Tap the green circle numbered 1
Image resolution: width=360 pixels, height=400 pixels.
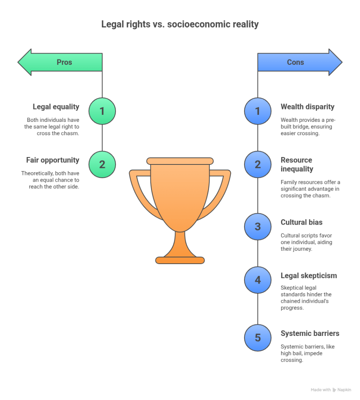click(x=102, y=111)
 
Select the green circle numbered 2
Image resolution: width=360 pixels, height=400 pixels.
click(x=102, y=164)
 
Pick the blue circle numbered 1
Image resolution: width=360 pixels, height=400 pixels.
click(x=258, y=111)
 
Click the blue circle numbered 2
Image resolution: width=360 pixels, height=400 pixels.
click(x=258, y=164)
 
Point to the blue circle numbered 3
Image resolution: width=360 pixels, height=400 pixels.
click(x=258, y=227)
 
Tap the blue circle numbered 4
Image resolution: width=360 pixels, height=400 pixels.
click(x=258, y=280)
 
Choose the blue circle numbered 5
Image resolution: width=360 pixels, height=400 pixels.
click(x=258, y=337)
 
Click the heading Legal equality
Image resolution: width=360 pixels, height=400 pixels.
click(x=56, y=107)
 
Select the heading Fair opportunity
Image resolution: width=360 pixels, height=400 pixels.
click(x=53, y=160)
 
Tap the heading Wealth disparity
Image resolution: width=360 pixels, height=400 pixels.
click(x=307, y=107)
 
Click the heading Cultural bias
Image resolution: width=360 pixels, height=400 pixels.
click(x=301, y=222)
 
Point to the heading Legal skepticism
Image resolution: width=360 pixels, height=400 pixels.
click(x=308, y=276)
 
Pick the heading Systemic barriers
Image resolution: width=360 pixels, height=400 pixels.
click(x=310, y=333)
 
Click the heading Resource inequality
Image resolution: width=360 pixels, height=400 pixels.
click(x=296, y=164)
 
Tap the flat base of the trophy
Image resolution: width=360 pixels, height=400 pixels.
click(x=180, y=260)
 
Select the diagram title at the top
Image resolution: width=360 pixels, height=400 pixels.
click(x=180, y=24)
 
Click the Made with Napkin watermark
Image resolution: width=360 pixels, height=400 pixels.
click(x=330, y=390)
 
